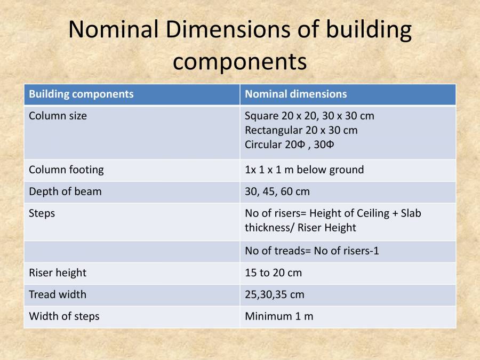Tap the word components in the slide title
click(240, 61)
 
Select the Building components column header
click(81, 94)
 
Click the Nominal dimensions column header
click(295, 94)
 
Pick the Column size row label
click(58, 116)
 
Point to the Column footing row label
click(66, 170)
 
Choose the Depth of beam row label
click(65, 191)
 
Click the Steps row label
click(42, 213)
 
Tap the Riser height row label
click(58, 273)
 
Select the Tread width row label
click(58, 294)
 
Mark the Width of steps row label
click(64, 316)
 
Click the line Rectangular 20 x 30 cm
click(301, 130)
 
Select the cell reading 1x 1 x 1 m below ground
click(304, 170)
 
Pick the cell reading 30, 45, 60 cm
click(277, 191)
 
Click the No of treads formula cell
click(311, 251)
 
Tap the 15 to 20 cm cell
click(273, 273)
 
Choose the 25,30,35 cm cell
click(274, 294)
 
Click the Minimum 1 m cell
click(279, 316)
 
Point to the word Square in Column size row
click(261, 116)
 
